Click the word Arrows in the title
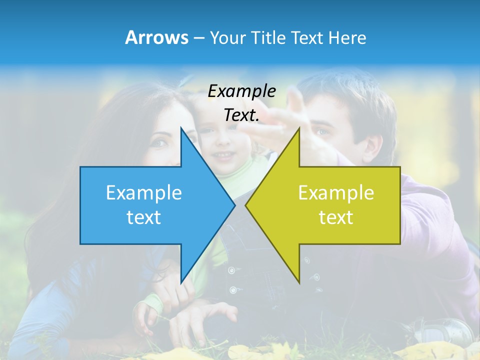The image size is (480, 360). click(x=156, y=37)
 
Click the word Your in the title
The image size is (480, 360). click(x=228, y=37)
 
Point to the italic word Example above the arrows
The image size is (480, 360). click(x=241, y=91)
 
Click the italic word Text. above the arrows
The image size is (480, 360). click(x=241, y=115)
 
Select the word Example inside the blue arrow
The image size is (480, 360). click(x=144, y=193)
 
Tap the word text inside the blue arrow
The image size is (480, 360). click(x=144, y=217)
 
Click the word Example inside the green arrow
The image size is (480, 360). click(x=336, y=193)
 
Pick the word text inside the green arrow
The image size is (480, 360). click(x=336, y=217)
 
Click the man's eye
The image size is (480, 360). click(x=323, y=132)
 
